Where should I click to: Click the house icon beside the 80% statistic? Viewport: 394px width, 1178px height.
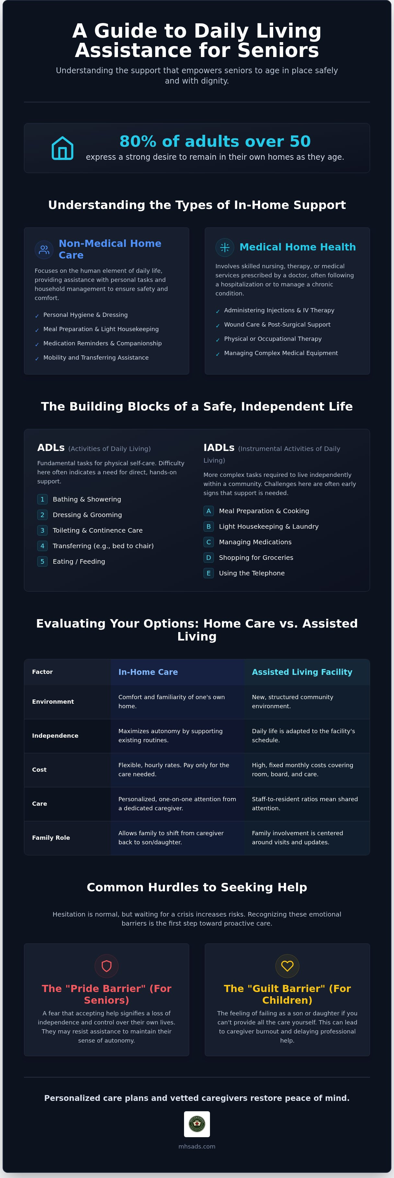[63, 148]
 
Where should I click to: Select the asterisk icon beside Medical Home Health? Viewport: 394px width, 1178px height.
[225, 248]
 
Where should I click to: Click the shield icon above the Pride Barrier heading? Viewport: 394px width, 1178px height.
[107, 966]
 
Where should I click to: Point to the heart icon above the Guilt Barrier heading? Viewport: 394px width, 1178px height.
[287, 966]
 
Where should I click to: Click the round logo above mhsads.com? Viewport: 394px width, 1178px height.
[197, 1124]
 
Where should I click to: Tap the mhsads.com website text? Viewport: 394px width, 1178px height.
[197, 1146]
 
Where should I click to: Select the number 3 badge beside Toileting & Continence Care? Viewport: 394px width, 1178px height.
[42, 530]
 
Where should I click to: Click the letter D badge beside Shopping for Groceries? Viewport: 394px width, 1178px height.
[208, 558]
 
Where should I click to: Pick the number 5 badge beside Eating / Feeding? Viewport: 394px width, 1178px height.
[42, 561]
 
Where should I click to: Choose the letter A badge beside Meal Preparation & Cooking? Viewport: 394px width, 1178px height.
[208, 511]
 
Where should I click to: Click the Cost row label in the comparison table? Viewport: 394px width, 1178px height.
[39, 770]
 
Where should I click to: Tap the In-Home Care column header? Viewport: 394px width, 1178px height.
[148, 672]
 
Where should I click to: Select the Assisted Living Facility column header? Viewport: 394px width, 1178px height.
[302, 672]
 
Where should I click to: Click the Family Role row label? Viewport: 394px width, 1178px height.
[51, 838]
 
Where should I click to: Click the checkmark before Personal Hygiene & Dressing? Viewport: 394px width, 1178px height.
[37, 316]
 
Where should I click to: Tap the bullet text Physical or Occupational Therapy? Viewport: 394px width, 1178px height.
[273, 339]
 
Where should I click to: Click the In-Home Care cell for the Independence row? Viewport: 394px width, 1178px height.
[170, 736]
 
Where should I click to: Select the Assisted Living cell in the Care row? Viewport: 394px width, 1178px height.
[305, 803]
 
